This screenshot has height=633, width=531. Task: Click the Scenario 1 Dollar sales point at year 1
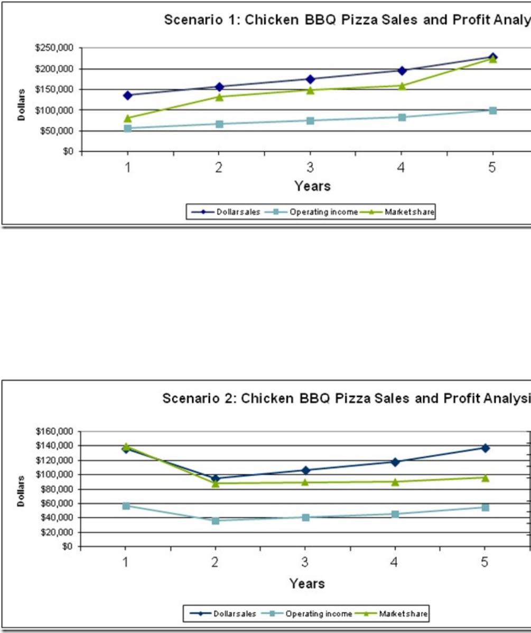click(127, 95)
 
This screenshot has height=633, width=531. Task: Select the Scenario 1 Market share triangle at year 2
click(219, 97)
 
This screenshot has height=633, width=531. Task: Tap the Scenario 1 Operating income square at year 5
click(492, 110)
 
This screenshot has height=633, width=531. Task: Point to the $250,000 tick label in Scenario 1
click(55, 48)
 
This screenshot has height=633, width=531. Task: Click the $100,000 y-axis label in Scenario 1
click(55, 110)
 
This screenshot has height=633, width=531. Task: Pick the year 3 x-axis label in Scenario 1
click(310, 169)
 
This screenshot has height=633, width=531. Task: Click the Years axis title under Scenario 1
click(312, 186)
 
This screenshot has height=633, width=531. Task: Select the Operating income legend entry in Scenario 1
click(323, 212)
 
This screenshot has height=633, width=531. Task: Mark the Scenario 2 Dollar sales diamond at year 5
click(485, 448)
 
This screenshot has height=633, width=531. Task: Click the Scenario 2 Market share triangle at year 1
click(126, 446)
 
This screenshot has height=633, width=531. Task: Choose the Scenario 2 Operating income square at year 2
click(216, 520)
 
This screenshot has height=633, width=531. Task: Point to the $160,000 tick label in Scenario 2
click(55, 431)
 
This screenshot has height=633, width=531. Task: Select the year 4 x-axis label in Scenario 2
click(394, 562)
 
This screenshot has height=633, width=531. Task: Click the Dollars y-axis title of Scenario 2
click(21, 491)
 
